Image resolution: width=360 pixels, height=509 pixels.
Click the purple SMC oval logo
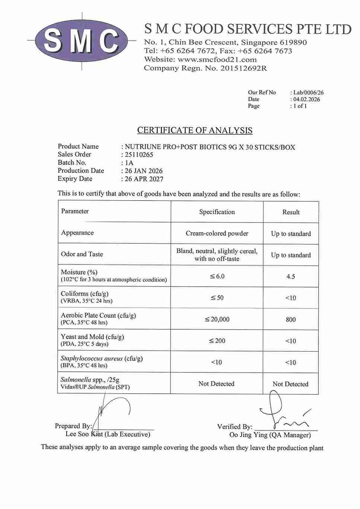[x=82, y=40]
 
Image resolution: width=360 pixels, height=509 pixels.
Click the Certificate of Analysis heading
[x=195, y=130]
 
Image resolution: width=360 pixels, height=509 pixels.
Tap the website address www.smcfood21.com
[x=217, y=60]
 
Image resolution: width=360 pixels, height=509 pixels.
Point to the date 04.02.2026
[x=306, y=99]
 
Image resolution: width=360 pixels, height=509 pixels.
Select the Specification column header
[x=217, y=212]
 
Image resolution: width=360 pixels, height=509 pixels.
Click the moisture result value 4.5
[x=291, y=276]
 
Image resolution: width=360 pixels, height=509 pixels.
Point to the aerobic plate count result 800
[x=291, y=320]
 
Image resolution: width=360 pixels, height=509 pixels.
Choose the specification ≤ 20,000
[x=217, y=319]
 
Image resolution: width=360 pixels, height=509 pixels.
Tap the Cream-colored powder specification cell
[x=217, y=233]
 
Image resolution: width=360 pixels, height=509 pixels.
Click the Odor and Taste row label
[x=82, y=254]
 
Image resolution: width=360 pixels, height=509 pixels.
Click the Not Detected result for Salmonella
[x=290, y=384]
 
